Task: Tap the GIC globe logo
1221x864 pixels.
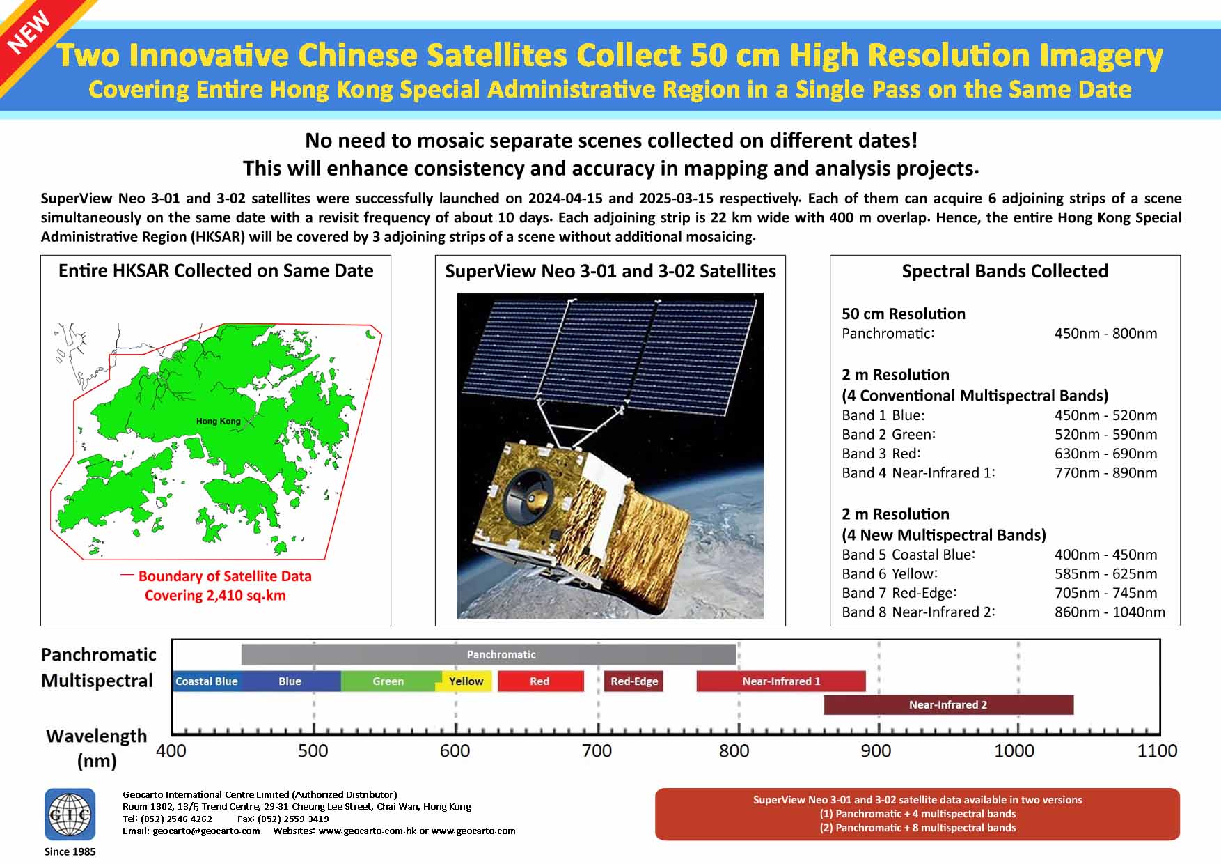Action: [70, 814]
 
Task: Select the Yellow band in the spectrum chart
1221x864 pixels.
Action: [466, 681]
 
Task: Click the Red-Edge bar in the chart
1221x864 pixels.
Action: [634, 681]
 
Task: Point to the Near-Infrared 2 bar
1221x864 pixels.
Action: [948, 704]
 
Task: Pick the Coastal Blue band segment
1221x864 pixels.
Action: [207, 681]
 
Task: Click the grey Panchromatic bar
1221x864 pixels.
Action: [489, 654]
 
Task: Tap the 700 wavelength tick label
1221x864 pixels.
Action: [597, 750]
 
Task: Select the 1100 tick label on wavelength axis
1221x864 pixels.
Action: [1157, 750]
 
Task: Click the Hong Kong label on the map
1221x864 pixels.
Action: [218, 421]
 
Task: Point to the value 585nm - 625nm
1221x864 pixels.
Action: [1105, 573]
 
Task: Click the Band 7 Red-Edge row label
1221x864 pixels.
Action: [899, 593]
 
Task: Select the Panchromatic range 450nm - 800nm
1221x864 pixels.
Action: [1105, 333]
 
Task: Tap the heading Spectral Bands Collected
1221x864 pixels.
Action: [1005, 271]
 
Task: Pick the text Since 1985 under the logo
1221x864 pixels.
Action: [70, 851]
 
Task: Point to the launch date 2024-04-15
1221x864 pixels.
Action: [565, 199]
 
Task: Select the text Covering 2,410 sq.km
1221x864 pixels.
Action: [215, 595]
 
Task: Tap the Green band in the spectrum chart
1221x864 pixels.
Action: [388, 681]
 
